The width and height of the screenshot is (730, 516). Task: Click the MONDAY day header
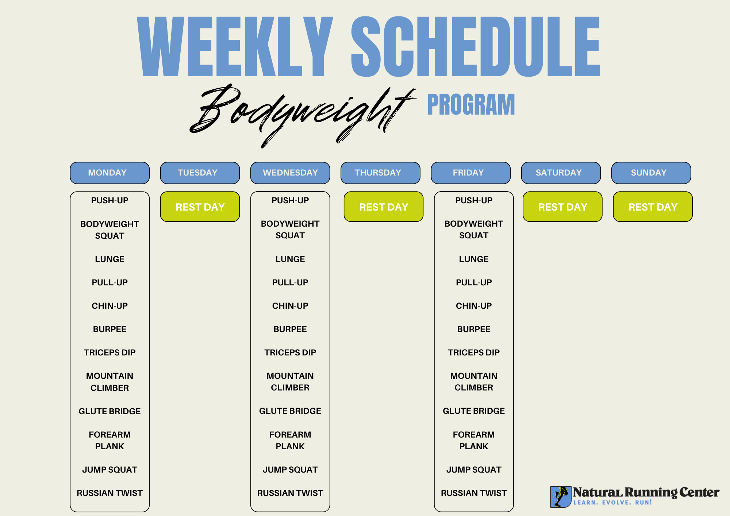click(x=109, y=173)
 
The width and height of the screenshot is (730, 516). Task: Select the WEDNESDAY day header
click(x=290, y=173)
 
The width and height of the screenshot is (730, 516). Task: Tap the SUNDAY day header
click(x=651, y=173)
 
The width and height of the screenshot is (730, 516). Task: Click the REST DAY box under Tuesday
click(x=200, y=207)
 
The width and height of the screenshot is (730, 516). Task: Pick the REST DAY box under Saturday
click(x=562, y=207)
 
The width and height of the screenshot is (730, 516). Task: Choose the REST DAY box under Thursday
click(x=384, y=207)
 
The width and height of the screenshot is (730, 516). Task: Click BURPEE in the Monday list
click(x=109, y=329)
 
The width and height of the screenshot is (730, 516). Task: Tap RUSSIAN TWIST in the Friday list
click(x=474, y=493)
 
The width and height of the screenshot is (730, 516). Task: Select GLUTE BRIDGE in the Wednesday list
click(x=290, y=411)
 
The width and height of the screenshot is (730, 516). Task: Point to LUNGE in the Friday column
click(x=474, y=259)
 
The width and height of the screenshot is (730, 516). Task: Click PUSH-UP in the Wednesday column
click(x=290, y=200)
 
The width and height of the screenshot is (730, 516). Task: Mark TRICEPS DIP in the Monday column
click(x=109, y=353)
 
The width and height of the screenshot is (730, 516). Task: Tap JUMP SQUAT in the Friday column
click(x=474, y=470)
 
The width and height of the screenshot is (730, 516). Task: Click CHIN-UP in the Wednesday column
click(x=290, y=306)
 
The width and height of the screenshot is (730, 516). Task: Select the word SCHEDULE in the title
click(x=476, y=46)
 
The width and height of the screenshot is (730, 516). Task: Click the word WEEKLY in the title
click(x=235, y=46)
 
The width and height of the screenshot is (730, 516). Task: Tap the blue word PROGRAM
click(x=471, y=105)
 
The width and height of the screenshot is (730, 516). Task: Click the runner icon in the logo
click(x=561, y=497)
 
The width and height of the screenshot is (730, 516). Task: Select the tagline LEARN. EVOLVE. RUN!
click(x=612, y=502)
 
